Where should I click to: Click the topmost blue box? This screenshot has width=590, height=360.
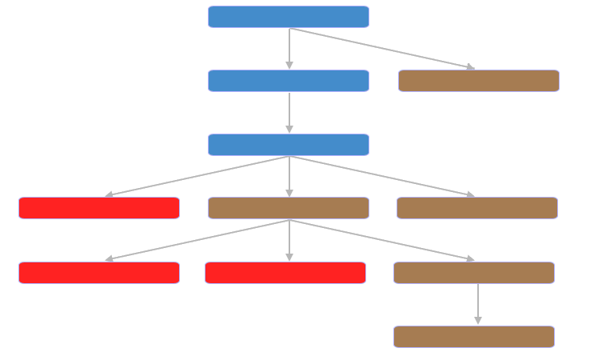(288, 17)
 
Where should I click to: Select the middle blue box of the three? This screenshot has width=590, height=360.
(288, 81)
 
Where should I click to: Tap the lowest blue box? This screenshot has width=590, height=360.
(288, 145)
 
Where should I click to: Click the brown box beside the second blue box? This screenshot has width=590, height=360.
(478, 81)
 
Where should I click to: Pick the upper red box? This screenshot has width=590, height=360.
(98, 208)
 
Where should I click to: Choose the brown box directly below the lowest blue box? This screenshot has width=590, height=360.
(288, 208)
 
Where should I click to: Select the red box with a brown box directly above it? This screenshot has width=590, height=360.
(285, 273)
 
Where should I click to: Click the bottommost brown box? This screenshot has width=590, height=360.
(473, 337)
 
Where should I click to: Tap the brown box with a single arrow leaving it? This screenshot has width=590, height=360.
(473, 273)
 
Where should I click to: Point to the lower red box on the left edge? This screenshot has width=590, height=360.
(98, 273)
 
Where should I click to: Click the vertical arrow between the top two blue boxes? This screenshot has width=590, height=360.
(289, 49)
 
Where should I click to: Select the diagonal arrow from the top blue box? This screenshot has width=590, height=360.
(382, 48)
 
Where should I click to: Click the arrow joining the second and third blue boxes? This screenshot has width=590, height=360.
(289, 113)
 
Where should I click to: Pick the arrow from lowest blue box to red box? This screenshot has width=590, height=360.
(197, 176)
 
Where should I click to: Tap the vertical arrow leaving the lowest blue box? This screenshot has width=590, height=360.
(289, 177)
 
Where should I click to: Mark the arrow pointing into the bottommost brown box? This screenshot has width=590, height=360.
(478, 304)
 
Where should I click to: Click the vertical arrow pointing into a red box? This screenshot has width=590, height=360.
(289, 241)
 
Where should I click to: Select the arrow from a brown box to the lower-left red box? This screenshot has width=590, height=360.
(197, 240)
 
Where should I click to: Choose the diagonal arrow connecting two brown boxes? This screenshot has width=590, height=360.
(382, 240)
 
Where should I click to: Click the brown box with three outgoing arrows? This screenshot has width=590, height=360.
(288, 208)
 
